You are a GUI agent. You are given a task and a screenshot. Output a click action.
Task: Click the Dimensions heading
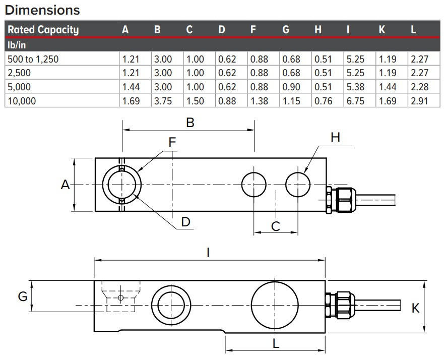(x=42, y=10)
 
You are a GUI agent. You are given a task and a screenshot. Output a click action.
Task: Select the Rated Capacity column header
(x=43, y=30)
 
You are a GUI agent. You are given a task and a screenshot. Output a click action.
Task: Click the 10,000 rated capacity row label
(x=22, y=101)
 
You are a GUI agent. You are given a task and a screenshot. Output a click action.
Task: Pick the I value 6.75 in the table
(x=355, y=101)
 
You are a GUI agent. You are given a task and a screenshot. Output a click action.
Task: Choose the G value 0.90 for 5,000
(x=291, y=87)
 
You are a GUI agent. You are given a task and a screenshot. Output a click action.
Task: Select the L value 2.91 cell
(x=419, y=101)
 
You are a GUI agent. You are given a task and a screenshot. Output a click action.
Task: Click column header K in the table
(x=382, y=30)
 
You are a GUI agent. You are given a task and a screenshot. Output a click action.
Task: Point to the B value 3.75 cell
(x=163, y=101)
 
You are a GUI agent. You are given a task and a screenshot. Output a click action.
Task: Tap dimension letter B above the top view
(x=190, y=123)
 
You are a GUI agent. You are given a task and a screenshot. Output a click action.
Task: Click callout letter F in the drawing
(x=172, y=143)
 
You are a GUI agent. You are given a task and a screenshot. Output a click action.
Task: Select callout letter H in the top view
(x=336, y=137)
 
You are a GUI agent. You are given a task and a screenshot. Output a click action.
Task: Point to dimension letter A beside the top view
(x=65, y=185)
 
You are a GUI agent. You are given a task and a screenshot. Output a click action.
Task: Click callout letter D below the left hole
(x=186, y=222)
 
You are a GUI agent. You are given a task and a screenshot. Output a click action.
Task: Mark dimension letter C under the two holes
(x=275, y=226)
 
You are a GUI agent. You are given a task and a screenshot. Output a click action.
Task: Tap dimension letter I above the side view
(x=208, y=253)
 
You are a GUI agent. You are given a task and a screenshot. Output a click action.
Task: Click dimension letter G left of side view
(x=23, y=296)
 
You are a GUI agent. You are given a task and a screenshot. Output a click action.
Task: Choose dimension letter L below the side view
(x=276, y=344)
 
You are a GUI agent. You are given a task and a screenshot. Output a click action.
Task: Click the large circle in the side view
(x=275, y=305)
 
